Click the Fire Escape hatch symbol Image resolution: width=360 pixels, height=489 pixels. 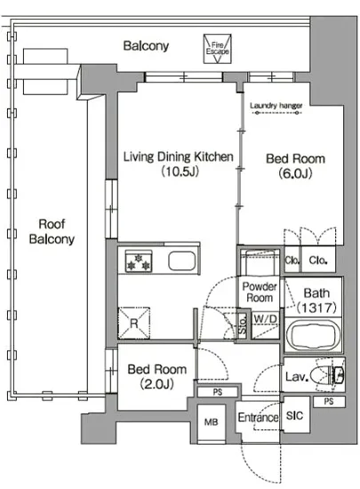point(217,49)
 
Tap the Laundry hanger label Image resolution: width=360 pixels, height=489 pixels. point(276,106)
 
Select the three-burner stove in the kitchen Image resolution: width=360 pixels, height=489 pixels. point(139,261)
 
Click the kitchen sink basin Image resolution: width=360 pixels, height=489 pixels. point(182,261)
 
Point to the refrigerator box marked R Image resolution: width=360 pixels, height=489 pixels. point(134,323)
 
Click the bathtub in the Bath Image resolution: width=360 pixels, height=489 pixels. point(313,336)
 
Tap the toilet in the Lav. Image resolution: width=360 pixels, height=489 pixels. point(328,374)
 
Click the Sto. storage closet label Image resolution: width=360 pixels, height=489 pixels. point(244,324)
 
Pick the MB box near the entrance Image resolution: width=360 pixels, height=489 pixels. point(212,422)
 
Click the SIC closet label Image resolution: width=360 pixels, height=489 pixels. point(294,415)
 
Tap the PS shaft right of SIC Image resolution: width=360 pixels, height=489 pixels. point(329,402)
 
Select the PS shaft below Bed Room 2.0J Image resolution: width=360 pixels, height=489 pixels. point(218,392)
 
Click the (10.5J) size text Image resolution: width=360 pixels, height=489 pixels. point(180,172)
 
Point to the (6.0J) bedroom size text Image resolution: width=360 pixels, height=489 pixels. point(295,173)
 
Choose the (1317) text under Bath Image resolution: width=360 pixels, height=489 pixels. point(316,308)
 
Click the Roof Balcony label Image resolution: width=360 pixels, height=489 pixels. point(52,231)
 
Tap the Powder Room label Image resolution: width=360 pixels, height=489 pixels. point(260,292)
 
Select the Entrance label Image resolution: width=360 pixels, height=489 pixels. point(258,417)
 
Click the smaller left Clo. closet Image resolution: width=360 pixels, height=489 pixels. point(292,260)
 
